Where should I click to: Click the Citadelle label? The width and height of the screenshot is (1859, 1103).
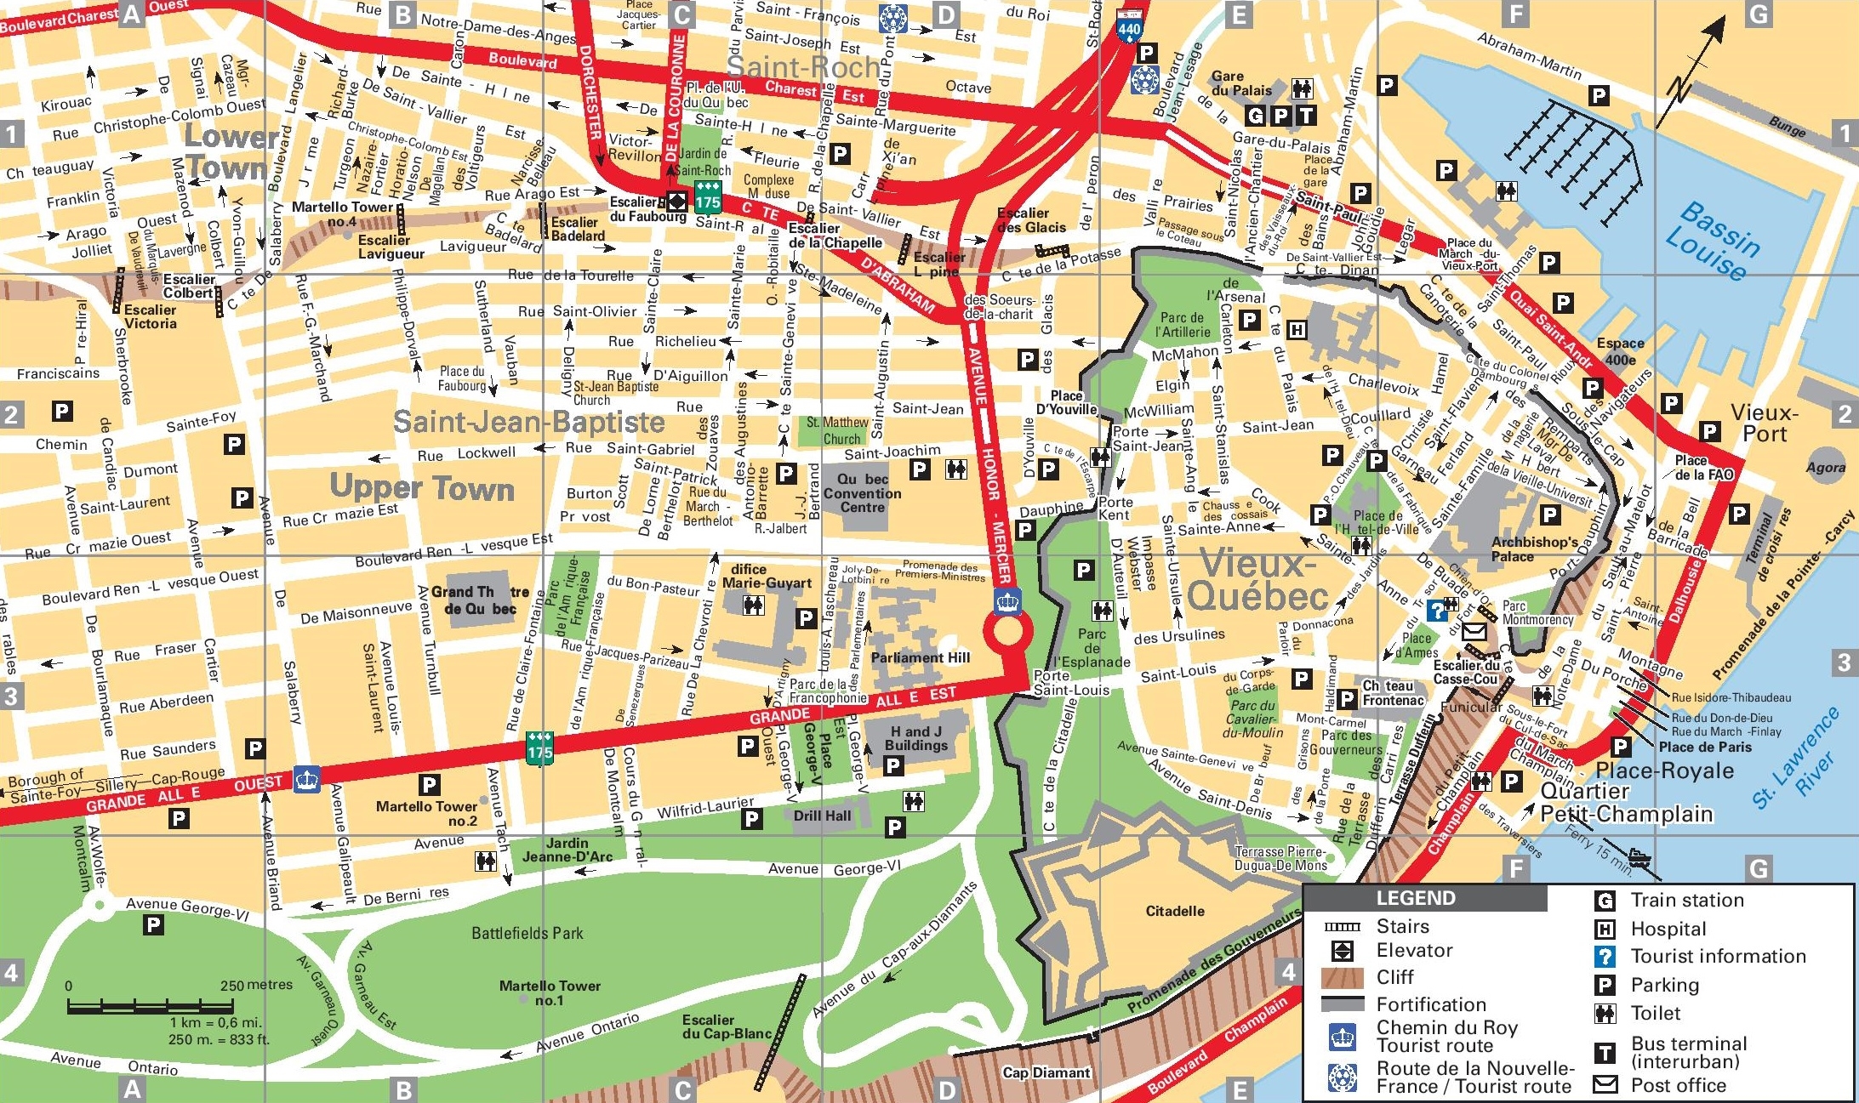click(1174, 911)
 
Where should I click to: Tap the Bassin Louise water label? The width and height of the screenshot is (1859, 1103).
click(1712, 241)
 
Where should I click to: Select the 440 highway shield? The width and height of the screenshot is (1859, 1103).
click(1129, 28)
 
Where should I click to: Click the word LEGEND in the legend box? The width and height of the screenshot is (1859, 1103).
click(1415, 898)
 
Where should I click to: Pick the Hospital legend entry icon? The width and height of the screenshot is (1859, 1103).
click(1605, 929)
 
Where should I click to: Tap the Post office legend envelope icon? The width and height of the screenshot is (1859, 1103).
click(1605, 1084)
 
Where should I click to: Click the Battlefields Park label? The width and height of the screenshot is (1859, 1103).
click(527, 933)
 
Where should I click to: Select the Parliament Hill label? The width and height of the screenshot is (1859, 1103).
click(920, 657)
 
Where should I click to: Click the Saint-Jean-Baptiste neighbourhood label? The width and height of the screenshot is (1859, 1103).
click(528, 422)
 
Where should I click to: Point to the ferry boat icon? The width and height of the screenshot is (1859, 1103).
click(1638, 855)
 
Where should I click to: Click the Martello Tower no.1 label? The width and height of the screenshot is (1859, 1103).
click(550, 992)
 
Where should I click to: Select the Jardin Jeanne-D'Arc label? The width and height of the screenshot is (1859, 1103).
click(567, 850)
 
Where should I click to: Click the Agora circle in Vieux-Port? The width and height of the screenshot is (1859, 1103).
click(1825, 466)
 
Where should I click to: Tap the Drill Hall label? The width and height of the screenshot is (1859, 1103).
click(822, 816)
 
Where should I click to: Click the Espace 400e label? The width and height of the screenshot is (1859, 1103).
click(1620, 351)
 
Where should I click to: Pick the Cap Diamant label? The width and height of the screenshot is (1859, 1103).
click(1046, 1072)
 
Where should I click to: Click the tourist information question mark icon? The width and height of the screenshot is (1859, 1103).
click(1436, 610)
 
